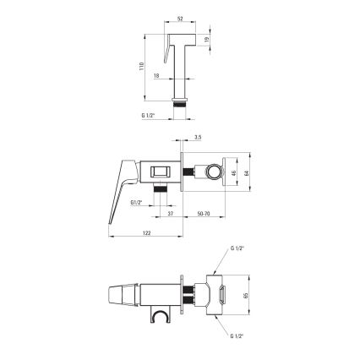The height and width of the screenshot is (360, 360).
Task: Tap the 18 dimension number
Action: tap(159, 75)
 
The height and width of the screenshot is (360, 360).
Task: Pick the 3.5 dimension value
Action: tap(196, 136)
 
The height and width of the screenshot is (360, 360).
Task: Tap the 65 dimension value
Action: tap(245, 297)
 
